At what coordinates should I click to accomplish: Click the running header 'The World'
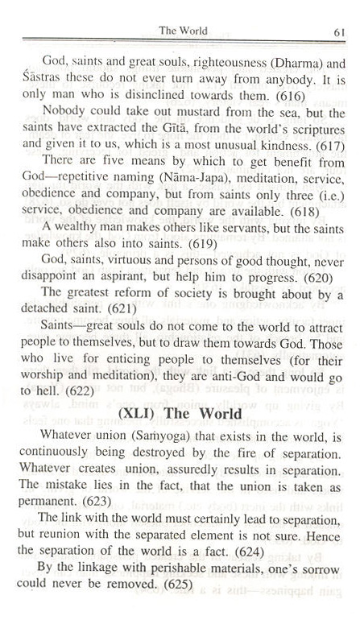pyautogui.click(x=183, y=31)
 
